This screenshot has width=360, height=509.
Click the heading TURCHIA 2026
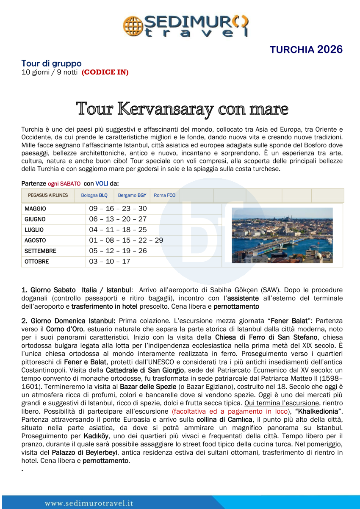click(306, 50)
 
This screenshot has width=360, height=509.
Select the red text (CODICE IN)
click(105, 72)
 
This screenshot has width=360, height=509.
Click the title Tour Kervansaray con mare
click(182, 109)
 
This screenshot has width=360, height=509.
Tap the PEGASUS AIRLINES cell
click(48, 195)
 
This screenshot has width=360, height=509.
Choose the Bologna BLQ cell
click(94, 195)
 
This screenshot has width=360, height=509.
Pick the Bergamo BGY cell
click(132, 195)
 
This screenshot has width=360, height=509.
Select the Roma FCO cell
click(164, 195)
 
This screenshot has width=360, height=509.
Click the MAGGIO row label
click(35, 209)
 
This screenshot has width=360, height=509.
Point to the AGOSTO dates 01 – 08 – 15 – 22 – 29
click(126, 240)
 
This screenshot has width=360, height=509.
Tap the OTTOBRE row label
click(36, 262)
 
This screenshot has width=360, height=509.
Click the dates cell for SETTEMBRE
click(118, 251)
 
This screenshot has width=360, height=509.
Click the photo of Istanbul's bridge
click(282, 235)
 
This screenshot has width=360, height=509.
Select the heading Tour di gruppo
click(51, 64)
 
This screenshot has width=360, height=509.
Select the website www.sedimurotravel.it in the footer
click(89, 503)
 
